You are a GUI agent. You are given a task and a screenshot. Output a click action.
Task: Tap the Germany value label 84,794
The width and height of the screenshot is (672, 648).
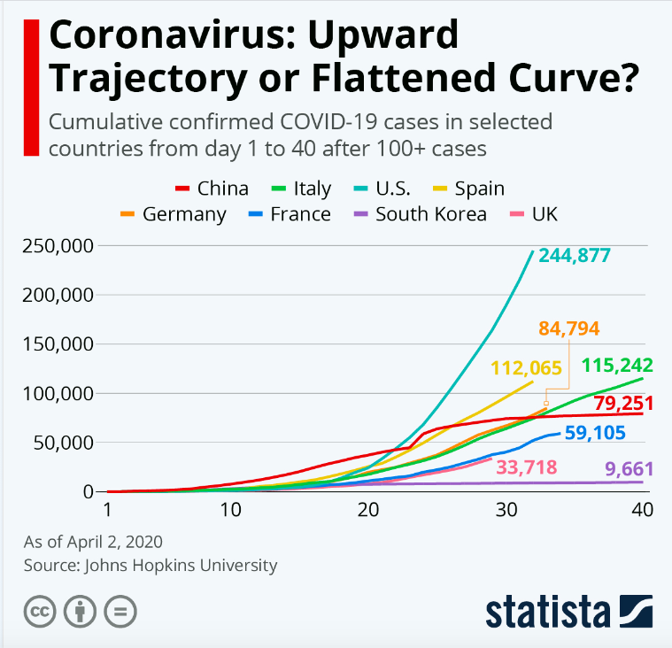(568, 328)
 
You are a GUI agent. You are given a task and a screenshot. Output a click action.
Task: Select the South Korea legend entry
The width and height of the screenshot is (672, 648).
(420, 214)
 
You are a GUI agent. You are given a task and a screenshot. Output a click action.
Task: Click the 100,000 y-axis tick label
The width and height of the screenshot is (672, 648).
(55, 393)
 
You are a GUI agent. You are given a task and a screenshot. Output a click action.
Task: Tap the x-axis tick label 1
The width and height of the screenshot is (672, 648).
(107, 511)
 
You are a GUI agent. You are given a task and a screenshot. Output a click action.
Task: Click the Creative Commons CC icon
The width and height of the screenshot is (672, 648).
(38, 611)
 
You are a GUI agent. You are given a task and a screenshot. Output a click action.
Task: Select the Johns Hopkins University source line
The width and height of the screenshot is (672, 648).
(151, 565)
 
